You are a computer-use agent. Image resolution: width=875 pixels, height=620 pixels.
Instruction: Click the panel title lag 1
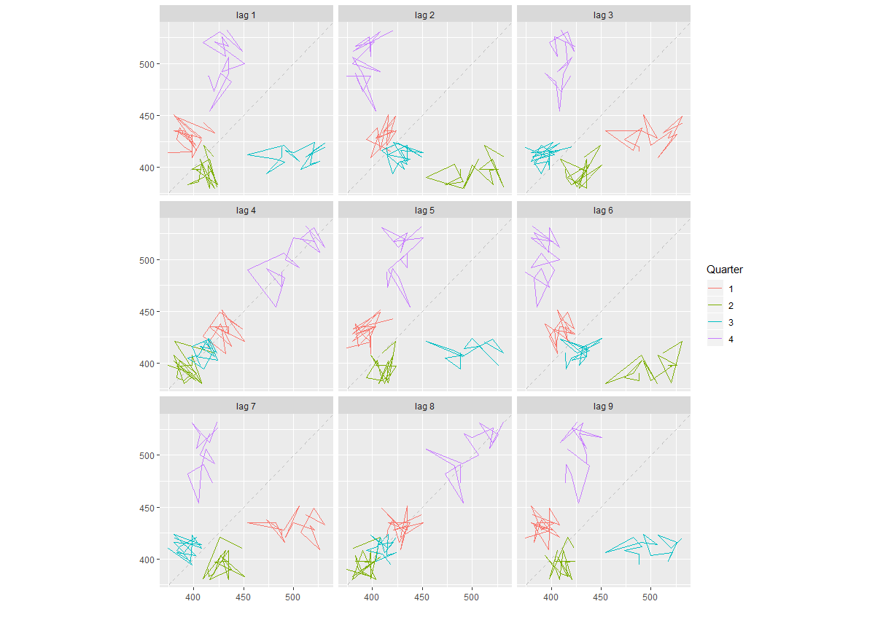[x=246, y=15]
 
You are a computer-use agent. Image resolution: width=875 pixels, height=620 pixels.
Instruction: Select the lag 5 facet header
[x=425, y=211]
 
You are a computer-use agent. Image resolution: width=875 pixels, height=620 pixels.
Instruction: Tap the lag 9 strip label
[x=604, y=406]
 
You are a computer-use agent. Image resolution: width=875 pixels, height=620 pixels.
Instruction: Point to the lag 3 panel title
[x=604, y=15]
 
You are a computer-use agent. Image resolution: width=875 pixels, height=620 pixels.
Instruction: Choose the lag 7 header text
[x=246, y=406]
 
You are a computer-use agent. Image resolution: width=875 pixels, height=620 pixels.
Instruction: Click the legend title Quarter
[x=725, y=270]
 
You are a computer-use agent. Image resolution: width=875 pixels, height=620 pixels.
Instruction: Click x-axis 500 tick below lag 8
[x=472, y=597]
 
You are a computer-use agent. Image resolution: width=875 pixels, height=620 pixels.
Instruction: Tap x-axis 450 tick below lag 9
[x=600, y=597]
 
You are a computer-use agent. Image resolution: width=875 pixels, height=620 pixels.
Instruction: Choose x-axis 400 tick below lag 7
[x=193, y=597]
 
